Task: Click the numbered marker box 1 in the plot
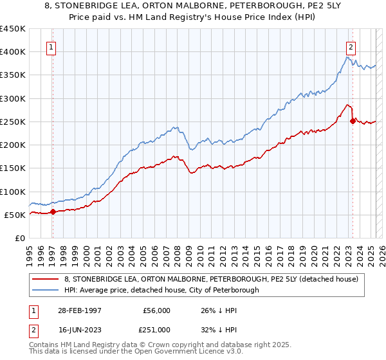[x=51, y=46]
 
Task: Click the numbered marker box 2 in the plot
[x=351, y=46]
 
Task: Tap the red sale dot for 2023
[x=353, y=120]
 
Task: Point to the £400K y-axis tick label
[x=13, y=52]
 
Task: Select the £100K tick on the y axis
[x=13, y=192]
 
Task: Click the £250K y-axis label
[x=13, y=122]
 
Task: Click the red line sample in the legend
[x=48, y=278]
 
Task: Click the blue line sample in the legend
[x=48, y=290]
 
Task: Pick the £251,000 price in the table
[x=157, y=330]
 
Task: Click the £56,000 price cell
[x=157, y=310]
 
